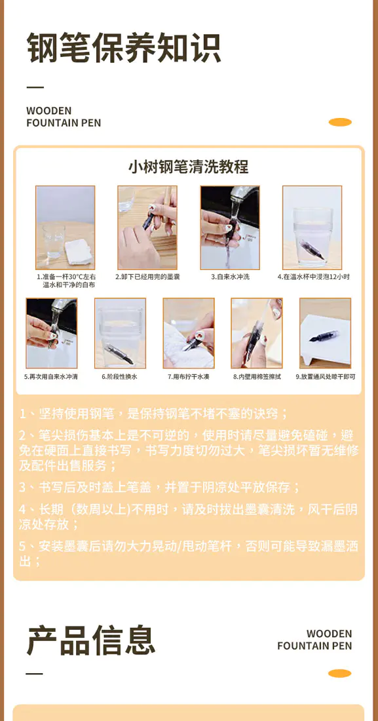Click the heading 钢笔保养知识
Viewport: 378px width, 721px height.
(124, 47)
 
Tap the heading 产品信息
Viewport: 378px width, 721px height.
(91, 640)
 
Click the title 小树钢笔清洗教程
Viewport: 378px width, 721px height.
(188, 166)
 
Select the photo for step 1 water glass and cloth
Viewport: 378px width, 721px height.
(66, 227)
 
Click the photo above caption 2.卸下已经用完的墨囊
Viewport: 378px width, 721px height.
(147, 227)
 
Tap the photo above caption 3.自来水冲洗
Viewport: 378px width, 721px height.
(230, 227)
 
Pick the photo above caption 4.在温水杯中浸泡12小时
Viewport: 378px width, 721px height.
(312, 227)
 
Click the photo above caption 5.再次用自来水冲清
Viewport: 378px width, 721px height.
(52, 333)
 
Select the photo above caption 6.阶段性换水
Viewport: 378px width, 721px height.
(120, 333)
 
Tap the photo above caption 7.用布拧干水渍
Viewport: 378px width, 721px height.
(189, 333)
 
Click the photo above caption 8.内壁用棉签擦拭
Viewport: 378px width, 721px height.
(257, 333)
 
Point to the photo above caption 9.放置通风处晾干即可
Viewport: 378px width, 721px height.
(325, 333)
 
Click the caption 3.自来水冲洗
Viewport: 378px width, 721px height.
(230, 277)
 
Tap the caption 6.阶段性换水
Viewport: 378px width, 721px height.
(120, 377)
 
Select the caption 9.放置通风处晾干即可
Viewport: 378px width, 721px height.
(326, 377)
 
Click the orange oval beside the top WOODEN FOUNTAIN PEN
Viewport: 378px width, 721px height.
(340, 122)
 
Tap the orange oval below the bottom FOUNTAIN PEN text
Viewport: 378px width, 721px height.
(339, 673)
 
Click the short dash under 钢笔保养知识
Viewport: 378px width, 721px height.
(35, 87)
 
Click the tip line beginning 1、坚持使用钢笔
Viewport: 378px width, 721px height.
(154, 414)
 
